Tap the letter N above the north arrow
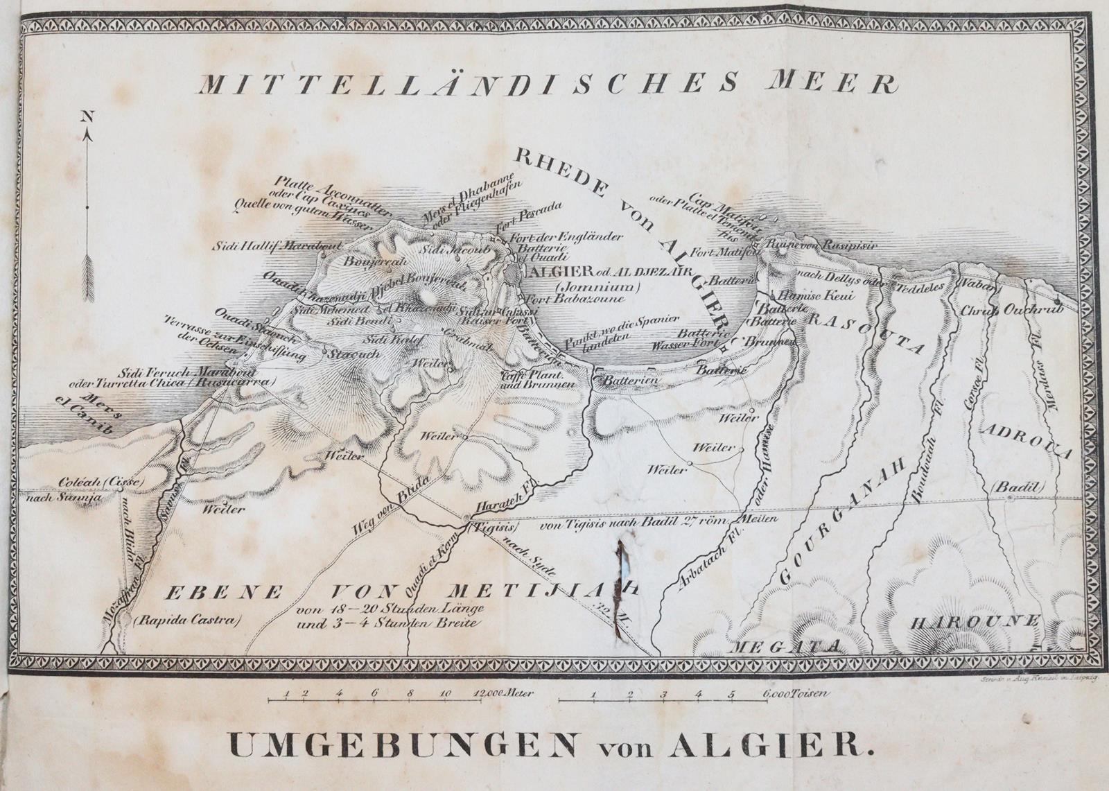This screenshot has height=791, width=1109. click(87, 117)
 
